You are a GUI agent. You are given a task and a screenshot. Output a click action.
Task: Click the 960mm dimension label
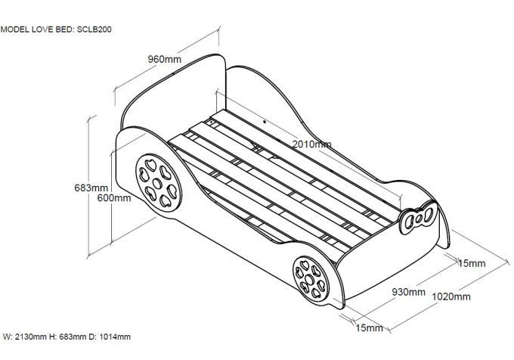[x=164, y=58]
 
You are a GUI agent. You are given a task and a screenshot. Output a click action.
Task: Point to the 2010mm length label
[x=312, y=144]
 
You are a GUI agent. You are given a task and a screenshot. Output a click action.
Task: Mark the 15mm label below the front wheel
[x=369, y=328]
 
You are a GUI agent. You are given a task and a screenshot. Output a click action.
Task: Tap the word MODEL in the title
[x=16, y=31]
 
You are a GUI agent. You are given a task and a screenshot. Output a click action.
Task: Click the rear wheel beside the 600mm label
[x=157, y=182]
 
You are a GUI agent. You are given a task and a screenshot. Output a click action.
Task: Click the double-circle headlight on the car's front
[x=417, y=220]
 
